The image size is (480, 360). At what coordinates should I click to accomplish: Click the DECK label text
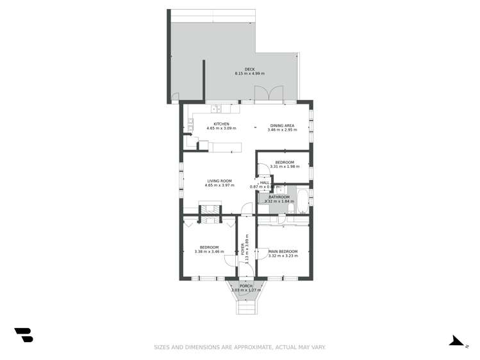(249, 69)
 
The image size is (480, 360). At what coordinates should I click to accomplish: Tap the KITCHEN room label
(221, 124)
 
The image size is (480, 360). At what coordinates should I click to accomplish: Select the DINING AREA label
(282, 125)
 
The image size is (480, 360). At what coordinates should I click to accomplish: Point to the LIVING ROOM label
(219, 181)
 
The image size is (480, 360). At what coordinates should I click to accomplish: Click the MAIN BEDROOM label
(283, 251)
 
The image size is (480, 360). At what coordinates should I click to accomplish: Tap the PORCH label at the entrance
(246, 286)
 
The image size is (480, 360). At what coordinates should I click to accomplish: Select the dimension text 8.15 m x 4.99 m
(249, 74)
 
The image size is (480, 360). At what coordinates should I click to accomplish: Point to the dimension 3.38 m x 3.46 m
(209, 252)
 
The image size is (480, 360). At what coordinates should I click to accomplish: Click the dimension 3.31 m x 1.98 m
(285, 167)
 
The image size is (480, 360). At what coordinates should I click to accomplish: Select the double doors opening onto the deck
(269, 95)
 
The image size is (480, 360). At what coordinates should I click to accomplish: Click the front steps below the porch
(246, 307)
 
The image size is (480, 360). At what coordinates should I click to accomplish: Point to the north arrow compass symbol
(456, 341)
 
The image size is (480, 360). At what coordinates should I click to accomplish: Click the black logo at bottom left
(24, 334)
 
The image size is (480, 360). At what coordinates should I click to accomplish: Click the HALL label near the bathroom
(265, 183)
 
